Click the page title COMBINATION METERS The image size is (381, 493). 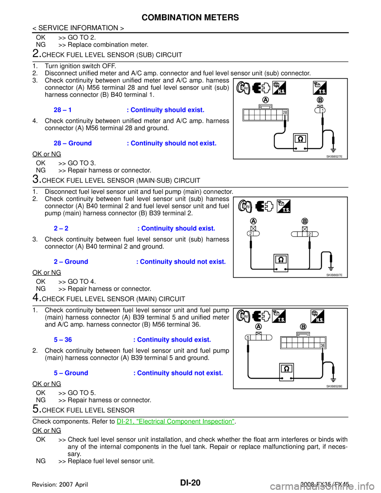190,17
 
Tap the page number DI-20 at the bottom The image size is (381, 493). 190,483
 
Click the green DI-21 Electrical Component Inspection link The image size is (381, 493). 175,421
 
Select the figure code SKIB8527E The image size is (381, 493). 334,156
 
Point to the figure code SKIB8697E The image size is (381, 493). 334,275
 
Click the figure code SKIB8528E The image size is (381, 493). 334,386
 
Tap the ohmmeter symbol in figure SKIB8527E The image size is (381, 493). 300,142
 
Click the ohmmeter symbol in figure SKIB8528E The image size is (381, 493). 287,372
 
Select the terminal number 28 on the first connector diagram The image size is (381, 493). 285,112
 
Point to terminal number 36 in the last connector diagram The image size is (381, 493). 323,345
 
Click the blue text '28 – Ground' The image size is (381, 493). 73,143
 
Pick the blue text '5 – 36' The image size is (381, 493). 63,340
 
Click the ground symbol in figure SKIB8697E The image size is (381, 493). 331,269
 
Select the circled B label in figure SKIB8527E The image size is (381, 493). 320,100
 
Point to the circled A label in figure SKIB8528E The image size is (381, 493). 258,326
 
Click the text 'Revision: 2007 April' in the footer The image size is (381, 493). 60,485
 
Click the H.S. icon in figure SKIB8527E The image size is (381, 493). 279,88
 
